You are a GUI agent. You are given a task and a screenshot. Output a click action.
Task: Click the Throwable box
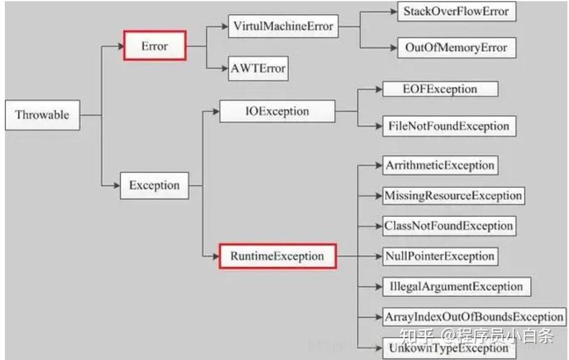click(42, 115)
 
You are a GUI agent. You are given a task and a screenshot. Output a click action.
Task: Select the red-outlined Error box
click(155, 46)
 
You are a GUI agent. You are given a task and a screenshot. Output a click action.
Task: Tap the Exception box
click(155, 186)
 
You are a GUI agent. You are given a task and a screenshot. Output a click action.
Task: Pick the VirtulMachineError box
click(283, 26)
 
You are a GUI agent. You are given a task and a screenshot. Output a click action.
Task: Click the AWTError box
click(258, 68)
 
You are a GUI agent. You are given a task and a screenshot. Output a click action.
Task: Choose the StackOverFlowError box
click(457, 12)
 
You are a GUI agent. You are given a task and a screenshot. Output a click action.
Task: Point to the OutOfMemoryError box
click(457, 48)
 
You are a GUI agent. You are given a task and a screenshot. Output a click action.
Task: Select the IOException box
click(277, 111)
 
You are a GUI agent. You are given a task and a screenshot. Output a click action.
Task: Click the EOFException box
click(440, 89)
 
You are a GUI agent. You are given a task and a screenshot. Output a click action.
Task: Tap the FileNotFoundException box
click(449, 126)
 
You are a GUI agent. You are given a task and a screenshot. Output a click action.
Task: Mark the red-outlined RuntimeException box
click(277, 256)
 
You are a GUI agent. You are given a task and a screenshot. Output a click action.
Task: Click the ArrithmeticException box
click(440, 166)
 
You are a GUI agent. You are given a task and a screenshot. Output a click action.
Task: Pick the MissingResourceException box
click(454, 196)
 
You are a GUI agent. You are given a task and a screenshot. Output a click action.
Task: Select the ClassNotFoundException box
click(449, 226)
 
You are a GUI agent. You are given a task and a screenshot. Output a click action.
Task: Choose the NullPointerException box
click(440, 256)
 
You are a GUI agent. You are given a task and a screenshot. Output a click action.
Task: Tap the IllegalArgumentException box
click(457, 287)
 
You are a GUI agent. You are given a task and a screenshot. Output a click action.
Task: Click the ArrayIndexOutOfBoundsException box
click(475, 318)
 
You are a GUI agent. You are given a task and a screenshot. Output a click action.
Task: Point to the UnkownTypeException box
click(449, 348)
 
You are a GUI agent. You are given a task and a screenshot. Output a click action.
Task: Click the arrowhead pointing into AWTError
click(224, 68)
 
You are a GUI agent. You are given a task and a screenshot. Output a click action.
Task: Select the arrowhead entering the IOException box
click(216, 111)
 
